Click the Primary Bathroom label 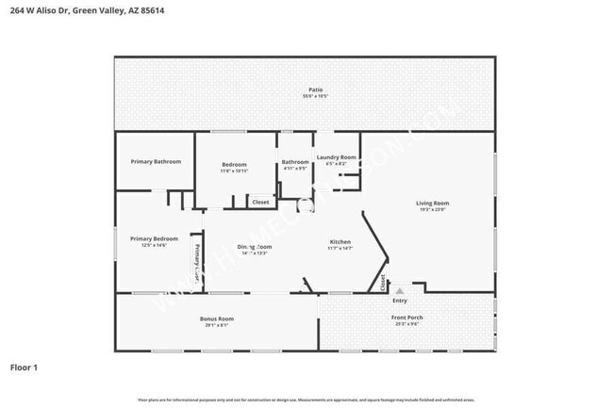click(x=155, y=162)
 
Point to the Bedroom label click(x=234, y=164)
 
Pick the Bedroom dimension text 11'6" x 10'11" click(x=234, y=171)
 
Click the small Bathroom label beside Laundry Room click(x=295, y=162)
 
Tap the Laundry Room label click(x=336, y=156)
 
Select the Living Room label click(x=433, y=203)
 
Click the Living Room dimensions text click(x=433, y=209)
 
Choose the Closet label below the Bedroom click(x=260, y=202)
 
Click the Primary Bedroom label click(x=154, y=238)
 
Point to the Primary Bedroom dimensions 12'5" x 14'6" click(x=154, y=245)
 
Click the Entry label click(x=400, y=301)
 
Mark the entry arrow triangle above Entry click(x=400, y=290)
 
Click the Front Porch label click(x=407, y=318)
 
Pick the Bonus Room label click(x=216, y=318)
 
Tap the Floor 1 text click(x=25, y=367)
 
